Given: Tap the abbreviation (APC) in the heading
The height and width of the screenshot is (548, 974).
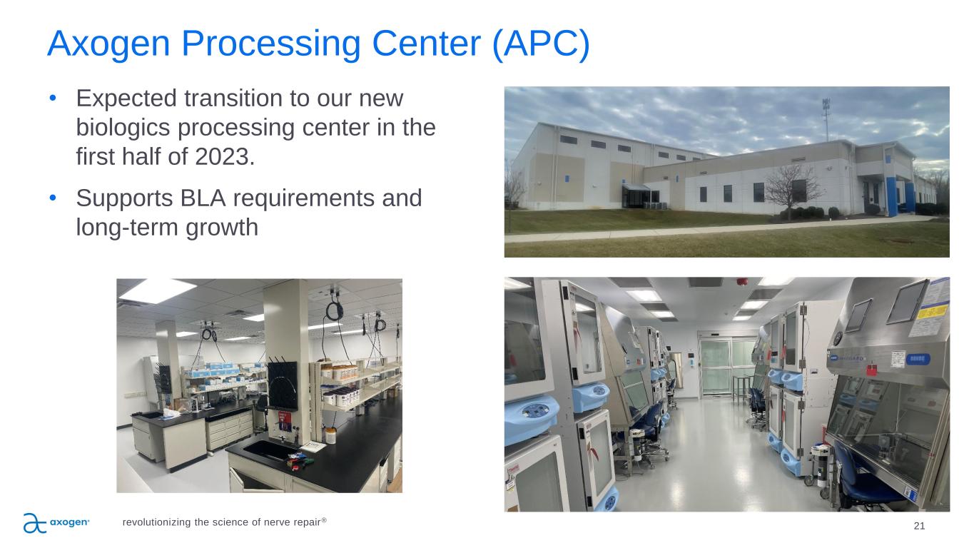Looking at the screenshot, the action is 541,44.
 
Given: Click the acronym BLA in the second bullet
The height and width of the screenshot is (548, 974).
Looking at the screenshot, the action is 203,198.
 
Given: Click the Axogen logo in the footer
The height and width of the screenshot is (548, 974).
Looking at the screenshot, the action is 56,523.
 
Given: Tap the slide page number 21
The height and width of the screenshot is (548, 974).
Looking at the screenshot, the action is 919,526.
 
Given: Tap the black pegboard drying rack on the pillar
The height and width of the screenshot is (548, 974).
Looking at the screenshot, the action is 282,385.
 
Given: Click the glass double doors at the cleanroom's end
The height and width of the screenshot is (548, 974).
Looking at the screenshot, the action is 726,367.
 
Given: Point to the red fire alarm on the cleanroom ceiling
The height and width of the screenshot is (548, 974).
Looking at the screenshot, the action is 742,282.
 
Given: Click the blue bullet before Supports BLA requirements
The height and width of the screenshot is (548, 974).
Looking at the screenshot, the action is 53,198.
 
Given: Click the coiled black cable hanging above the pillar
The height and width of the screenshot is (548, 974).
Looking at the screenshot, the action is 335,311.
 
